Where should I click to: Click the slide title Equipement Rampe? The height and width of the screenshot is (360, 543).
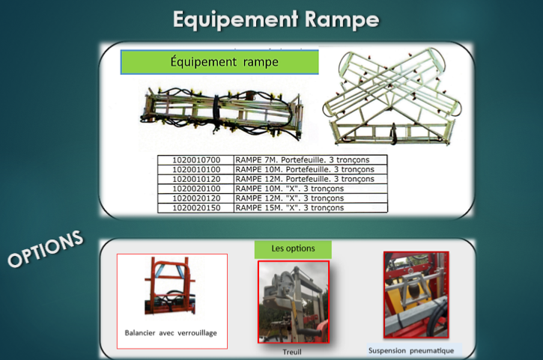(x=276, y=19)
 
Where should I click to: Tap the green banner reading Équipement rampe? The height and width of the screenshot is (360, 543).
(x=219, y=62)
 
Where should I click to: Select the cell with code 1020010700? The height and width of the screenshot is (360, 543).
(x=196, y=160)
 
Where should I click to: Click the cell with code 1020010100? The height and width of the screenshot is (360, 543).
(x=196, y=170)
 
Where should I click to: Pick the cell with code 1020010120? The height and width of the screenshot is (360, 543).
(x=196, y=179)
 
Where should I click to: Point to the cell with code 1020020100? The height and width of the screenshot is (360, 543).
(x=196, y=189)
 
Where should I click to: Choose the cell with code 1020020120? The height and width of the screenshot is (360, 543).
(x=196, y=198)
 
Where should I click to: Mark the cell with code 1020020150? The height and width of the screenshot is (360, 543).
(x=196, y=208)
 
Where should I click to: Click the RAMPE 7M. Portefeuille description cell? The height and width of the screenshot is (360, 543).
(x=311, y=160)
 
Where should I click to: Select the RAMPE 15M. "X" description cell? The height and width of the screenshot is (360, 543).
(x=311, y=208)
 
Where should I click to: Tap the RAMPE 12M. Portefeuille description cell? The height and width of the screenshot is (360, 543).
(x=311, y=179)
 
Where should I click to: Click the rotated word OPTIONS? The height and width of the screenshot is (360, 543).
(x=46, y=249)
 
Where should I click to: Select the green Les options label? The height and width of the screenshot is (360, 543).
(x=293, y=249)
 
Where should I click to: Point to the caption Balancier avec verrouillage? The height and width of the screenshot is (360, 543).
(x=171, y=333)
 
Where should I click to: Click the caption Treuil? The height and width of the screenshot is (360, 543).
(x=292, y=352)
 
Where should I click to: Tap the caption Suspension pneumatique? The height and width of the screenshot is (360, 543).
(x=411, y=351)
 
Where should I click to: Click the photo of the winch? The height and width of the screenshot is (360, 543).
(x=294, y=302)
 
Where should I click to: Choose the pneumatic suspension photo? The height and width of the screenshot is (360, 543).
(x=416, y=295)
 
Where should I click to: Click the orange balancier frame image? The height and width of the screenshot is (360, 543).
(x=170, y=286)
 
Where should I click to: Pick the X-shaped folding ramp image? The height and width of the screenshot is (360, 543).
(x=392, y=97)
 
